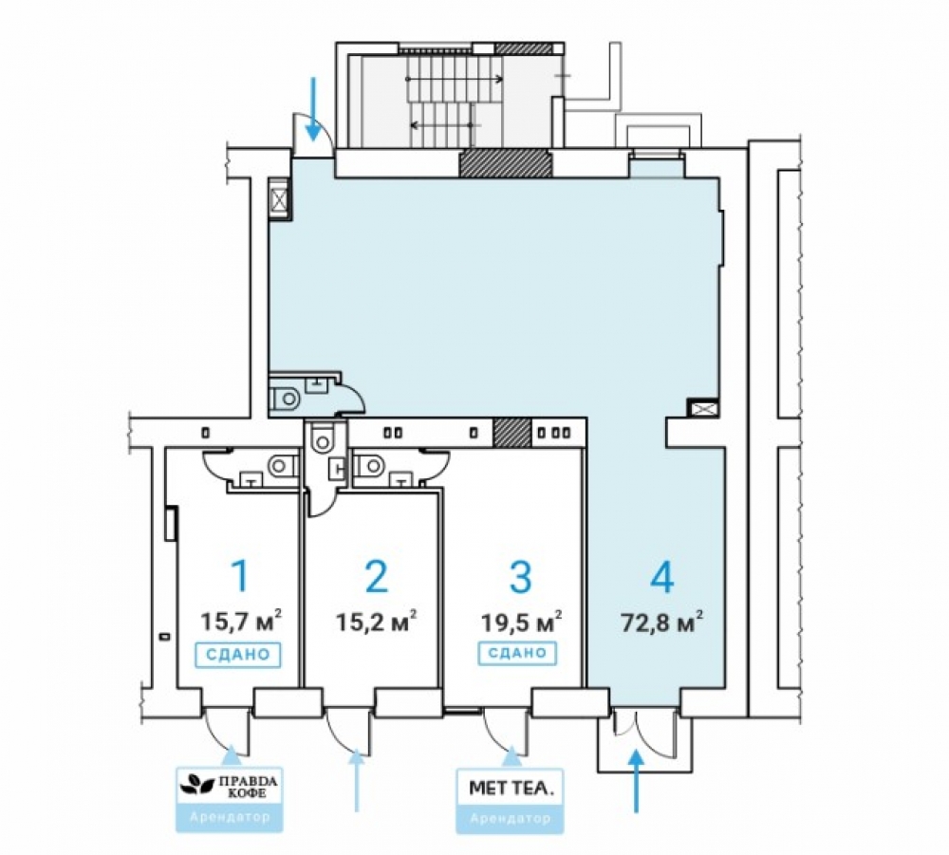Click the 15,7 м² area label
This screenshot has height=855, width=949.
pyautogui.click(x=241, y=621)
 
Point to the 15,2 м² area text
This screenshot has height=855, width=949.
pyautogui.click(x=376, y=621)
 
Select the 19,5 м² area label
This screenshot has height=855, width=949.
pyautogui.click(x=521, y=621)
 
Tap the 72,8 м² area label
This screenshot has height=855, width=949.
pyautogui.click(x=662, y=621)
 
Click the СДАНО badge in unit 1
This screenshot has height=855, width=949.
pyautogui.click(x=238, y=655)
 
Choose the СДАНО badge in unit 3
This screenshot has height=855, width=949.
pyautogui.click(x=517, y=654)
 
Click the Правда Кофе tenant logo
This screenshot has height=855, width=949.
pyautogui.click(x=230, y=787)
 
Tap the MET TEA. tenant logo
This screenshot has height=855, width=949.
pyautogui.click(x=511, y=788)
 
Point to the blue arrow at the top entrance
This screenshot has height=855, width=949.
pyautogui.click(x=313, y=109)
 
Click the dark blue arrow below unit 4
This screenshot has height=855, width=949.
pyautogui.click(x=636, y=781)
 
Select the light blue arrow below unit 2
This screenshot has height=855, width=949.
pyautogui.click(x=357, y=780)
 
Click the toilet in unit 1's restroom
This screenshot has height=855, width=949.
pyautogui.click(x=282, y=466)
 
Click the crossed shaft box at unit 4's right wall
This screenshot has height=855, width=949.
pyautogui.click(x=702, y=408)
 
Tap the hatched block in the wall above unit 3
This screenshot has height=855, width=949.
pyautogui.click(x=512, y=433)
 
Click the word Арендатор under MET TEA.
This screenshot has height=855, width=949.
pyautogui.click(x=511, y=819)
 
